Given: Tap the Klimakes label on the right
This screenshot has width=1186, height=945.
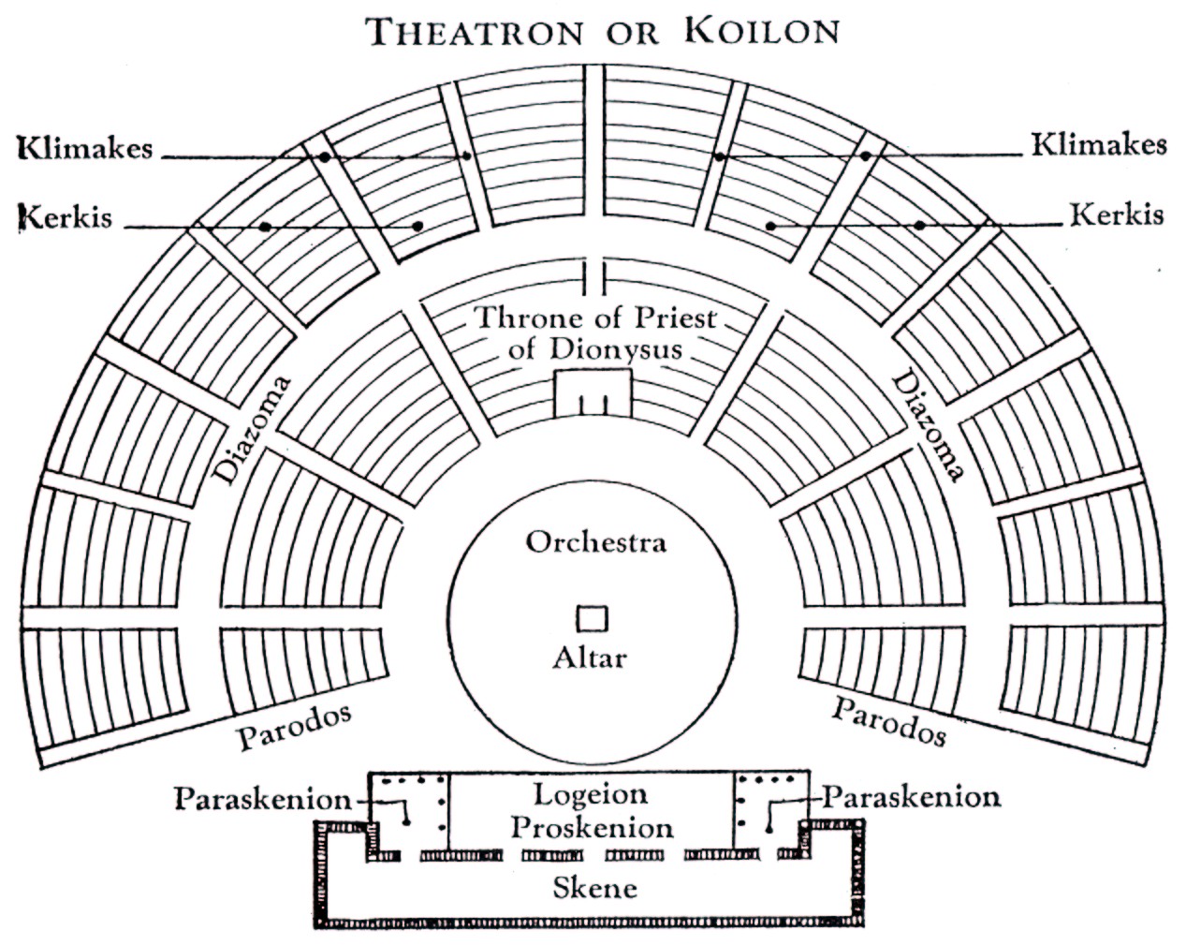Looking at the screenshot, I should click(x=1099, y=145).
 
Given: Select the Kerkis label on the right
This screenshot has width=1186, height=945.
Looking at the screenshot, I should click(x=1117, y=214).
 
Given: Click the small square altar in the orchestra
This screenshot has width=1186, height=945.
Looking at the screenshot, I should click(x=592, y=619).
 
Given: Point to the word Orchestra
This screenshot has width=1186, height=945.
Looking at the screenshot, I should click(x=595, y=542).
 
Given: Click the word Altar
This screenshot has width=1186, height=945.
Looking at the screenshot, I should click(x=590, y=657).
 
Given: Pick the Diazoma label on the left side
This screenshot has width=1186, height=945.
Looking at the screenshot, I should click(x=254, y=430).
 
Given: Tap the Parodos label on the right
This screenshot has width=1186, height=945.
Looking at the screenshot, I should click(x=888, y=721).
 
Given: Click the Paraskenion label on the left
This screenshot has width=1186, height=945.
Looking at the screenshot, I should click(x=263, y=799).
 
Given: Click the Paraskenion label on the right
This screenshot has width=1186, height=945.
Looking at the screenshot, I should click(x=912, y=797).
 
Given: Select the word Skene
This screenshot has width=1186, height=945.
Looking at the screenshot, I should click(x=594, y=887).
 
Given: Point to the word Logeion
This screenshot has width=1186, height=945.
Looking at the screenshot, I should click(x=591, y=795).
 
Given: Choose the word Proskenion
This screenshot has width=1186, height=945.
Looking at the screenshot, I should click(x=592, y=828).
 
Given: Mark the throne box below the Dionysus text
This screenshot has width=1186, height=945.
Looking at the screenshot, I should click(x=593, y=392).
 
